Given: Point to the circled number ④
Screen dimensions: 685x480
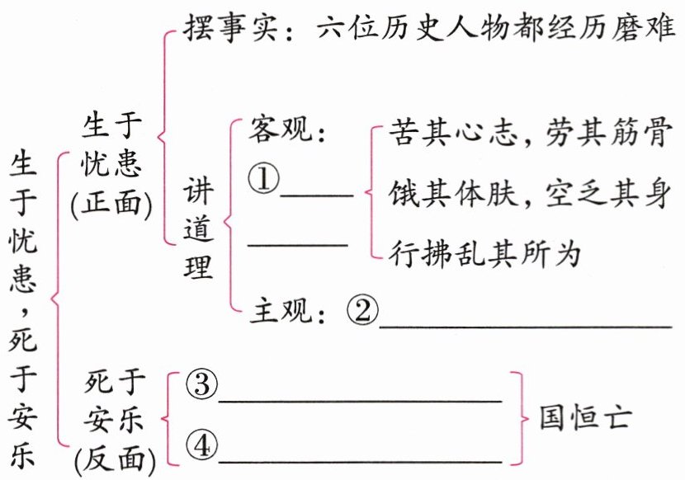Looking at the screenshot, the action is (x=201, y=446).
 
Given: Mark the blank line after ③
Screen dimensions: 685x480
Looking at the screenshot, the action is (x=360, y=399).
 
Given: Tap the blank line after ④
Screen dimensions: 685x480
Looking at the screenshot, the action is (x=360, y=460).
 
